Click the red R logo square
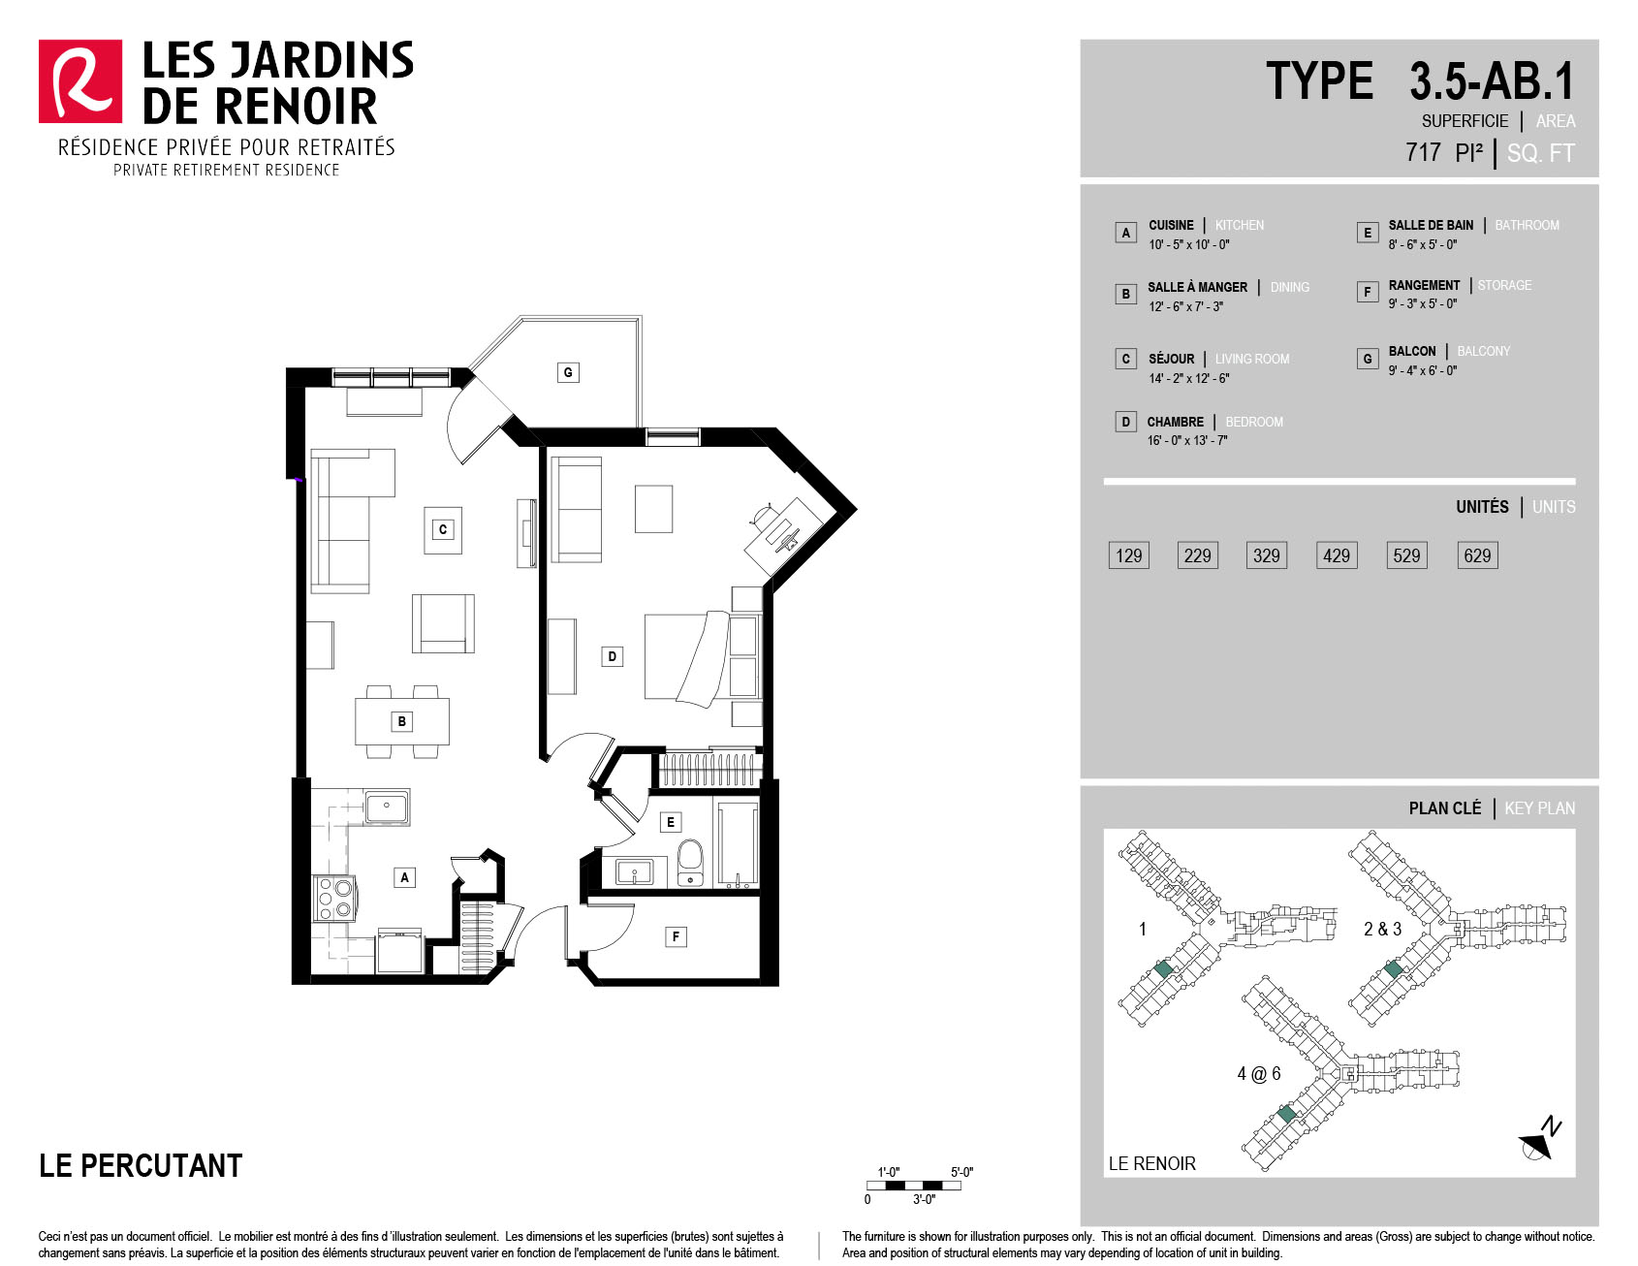pyautogui.click(x=80, y=81)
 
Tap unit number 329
pyautogui.click(x=1266, y=555)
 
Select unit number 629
pyautogui.click(x=1477, y=555)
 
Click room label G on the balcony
pyautogui.click(x=568, y=372)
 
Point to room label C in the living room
pyautogui.click(x=443, y=529)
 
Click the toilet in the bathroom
pyautogui.click(x=689, y=862)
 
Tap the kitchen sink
pyautogui.click(x=387, y=807)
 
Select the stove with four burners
pyautogui.click(x=334, y=899)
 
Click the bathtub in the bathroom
pyautogui.click(x=738, y=844)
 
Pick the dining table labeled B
pyautogui.click(x=402, y=721)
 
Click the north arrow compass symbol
pyautogui.click(x=1540, y=1138)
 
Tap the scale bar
pyautogui.click(x=914, y=1186)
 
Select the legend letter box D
pyautogui.click(x=1125, y=422)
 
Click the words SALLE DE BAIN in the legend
pyautogui.click(x=1431, y=225)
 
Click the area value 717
pyautogui.click(x=1423, y=152)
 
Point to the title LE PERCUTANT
pyautogui.click(x=141, y=1165)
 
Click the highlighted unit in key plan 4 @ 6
pyautogui.click(x=1286, y=1114)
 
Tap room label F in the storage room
pyautogui.click(x=676, y=936)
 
